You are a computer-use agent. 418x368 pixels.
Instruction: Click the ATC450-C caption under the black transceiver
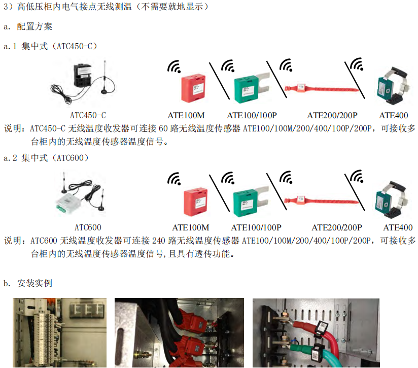tap(88, 115)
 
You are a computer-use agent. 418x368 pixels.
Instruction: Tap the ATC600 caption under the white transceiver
tap(88, 227)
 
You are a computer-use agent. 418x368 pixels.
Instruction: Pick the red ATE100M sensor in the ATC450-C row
tap(193, 88)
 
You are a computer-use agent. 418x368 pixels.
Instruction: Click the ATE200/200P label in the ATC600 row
tap(337, 227)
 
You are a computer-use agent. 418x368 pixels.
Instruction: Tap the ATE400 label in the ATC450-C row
tap(394, 115)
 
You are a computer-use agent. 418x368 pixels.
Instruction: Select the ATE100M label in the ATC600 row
tap(190, 227)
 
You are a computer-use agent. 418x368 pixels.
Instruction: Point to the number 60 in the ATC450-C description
tap(163, 128)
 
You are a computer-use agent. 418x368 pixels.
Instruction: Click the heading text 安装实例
tap(34, 283)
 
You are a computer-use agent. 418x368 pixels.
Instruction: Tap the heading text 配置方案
tap(34, 26)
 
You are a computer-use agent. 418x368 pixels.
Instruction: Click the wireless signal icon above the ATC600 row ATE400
tap(357, 176)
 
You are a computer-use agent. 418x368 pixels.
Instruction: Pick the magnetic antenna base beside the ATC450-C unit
tap(104, 91)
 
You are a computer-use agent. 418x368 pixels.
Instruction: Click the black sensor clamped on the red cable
tap(322, 329)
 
